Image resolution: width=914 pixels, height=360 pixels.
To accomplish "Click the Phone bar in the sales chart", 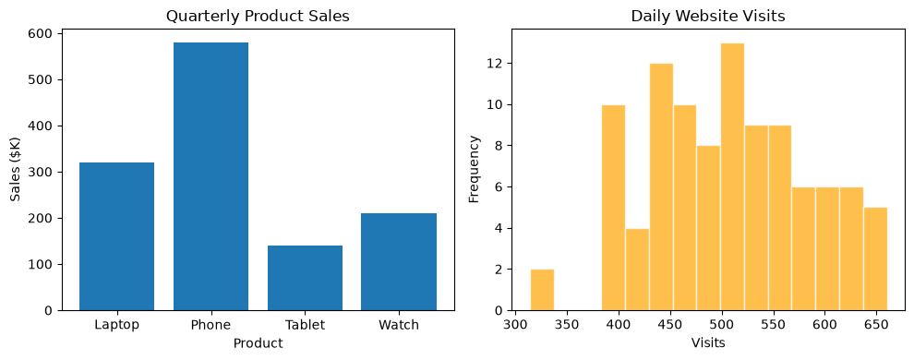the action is (211, 176).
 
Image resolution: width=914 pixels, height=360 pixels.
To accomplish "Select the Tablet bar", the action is (305, 278).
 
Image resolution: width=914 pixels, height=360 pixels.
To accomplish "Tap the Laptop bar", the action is (116, 236).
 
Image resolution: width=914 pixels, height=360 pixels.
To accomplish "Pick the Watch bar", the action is (399, 262).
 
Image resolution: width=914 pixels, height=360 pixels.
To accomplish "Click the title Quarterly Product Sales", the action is (258, 17).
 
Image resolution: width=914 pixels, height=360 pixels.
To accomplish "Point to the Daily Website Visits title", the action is (708, 17).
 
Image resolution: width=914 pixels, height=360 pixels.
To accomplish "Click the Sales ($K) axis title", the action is (17, 170).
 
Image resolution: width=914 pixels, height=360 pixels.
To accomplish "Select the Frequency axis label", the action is (474, 170).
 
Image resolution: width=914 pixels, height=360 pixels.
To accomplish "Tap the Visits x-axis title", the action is (708, 343).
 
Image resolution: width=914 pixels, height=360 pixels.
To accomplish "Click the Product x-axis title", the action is (258, 343).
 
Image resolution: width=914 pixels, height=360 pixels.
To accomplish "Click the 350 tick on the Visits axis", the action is (567, 325).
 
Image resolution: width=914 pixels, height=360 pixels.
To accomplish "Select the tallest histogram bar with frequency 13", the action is (732, 176).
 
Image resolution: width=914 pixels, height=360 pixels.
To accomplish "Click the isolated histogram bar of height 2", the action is (542, 290).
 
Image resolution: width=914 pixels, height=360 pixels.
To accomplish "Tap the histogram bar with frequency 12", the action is (661, 187).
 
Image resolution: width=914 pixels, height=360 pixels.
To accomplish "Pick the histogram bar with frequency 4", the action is (637, 270).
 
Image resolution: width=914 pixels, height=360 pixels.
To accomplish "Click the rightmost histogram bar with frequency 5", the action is (875, 259).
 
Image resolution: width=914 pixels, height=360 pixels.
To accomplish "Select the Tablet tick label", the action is (305, 325).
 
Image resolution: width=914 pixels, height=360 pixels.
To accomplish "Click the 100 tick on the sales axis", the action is (40, 265).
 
